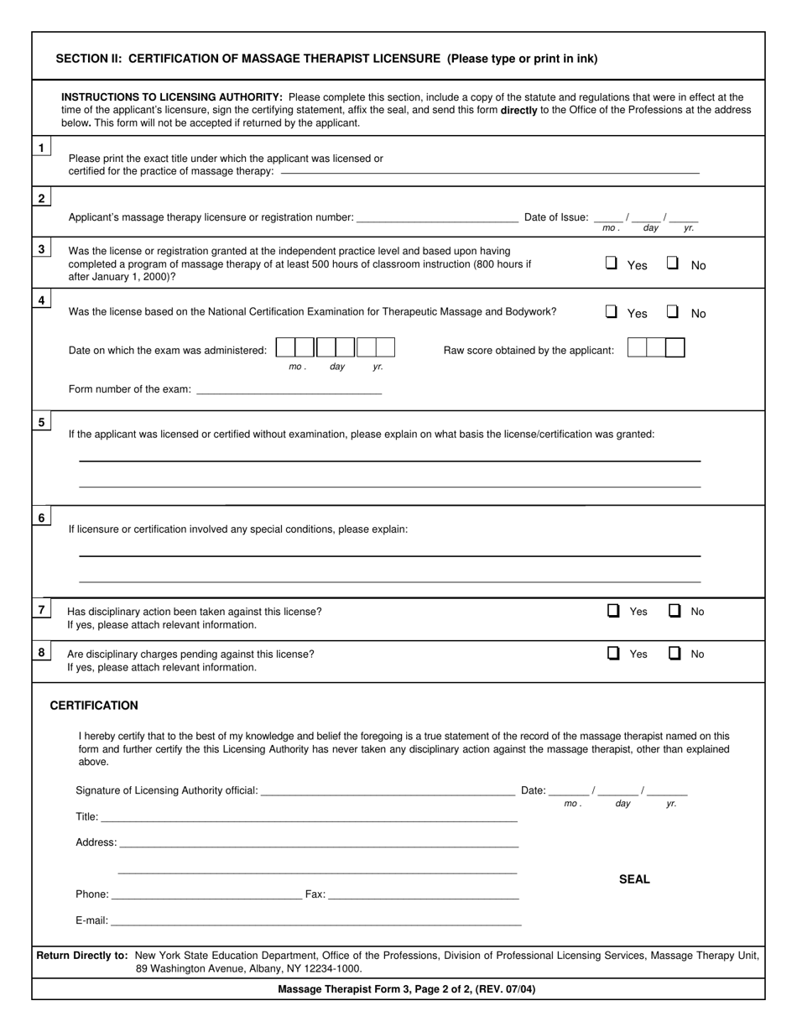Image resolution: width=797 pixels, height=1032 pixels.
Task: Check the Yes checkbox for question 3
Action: pyautogui.click(x=612, y=263)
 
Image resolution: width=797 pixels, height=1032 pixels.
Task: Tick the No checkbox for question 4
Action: pyautogui.click(x=673, y=311)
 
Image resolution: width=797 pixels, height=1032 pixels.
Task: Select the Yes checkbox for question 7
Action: pyautogui.click(x=613, y=611)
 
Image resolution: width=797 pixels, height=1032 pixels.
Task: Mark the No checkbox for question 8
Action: pyautogui.click(x=675, y=653)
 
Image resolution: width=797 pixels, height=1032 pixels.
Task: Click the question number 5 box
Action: pyautogui.click(x=41, y=422)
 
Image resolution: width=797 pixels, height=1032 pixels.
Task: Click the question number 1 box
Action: pyautogui.click(x=41, y=149)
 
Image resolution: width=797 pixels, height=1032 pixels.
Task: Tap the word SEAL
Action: pyautogui.click(x=634, y=879)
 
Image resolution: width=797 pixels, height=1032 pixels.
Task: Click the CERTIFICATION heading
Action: pyautogui.click(x=94, y=706)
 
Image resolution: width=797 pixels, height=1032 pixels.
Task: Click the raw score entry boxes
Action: pyautogui.click(x=655, y=348)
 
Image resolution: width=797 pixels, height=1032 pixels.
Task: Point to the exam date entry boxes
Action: pyautogui.click(x=335, y=347)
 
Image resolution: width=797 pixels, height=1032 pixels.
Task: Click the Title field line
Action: pyautogui.click(x=308, y=817)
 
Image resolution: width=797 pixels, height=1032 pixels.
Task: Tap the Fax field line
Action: pyautogui.click(x=423, y=894)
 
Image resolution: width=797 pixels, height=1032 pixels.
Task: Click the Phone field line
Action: pyautogui.click(x=206, y=894)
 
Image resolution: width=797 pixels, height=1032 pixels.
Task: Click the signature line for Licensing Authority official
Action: pyautogui.click(x=388, y=790)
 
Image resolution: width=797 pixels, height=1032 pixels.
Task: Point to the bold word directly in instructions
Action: pyautogui.click(x=518, y=110)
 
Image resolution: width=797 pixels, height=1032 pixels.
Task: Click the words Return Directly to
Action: pyautogui.click(x=82, y=955)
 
